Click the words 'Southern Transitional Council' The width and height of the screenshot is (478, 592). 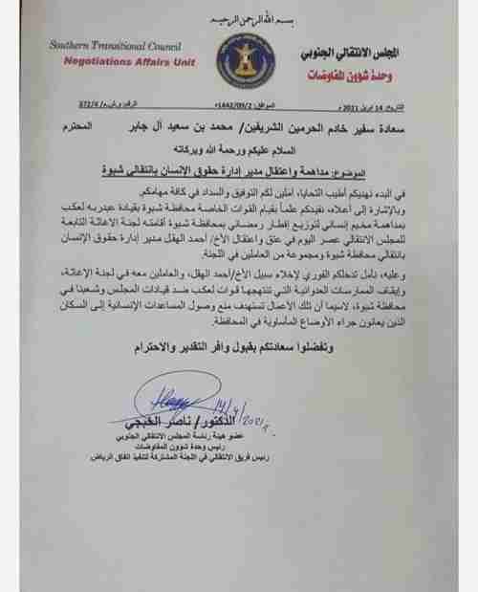106,45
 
